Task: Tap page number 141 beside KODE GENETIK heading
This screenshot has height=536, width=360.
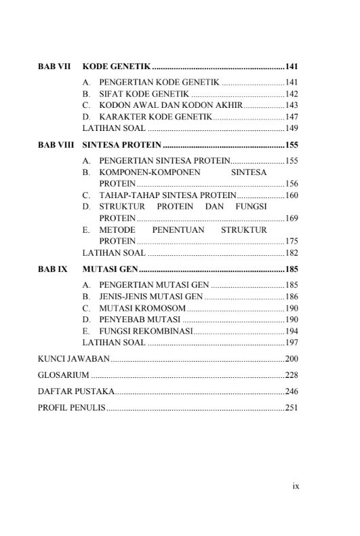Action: [x=292, y=66]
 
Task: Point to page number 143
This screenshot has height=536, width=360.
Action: [x=292, y=105]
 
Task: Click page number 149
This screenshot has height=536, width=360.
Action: [x=292, y=128]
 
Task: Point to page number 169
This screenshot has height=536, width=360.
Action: [x=292, y=218]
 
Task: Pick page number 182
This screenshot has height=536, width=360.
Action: [x=292, y=252]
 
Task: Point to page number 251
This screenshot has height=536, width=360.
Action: [x=292, y=408]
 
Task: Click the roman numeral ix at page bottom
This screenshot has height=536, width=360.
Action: [x=295, y=486]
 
